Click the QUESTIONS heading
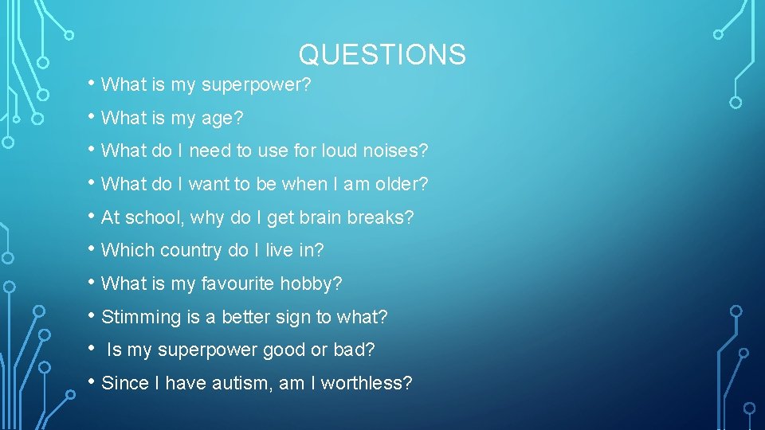(x=382, y=54)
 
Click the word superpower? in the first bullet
(x=255, y=85)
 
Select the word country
(x=190, y=251)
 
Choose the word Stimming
(x=142, y=317)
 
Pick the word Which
(x=128, y=251)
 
